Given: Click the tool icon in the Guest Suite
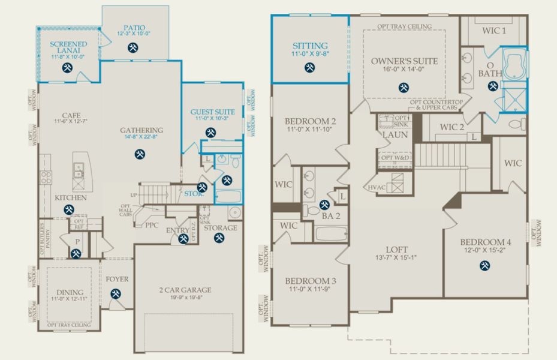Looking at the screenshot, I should tap(210, 132).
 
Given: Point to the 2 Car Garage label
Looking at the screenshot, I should tap(185, 290).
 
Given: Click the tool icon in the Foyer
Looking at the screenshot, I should tap(116, 294).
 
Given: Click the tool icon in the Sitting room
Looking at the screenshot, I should tap(309, 67).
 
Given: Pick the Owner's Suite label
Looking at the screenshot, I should tap(404, 61).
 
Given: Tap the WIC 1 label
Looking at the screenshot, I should tap(495, 30).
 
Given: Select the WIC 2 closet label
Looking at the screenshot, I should tap(452, 127).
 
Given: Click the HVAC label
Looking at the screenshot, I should tap(376, 187).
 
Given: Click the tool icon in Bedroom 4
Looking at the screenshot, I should tap(484, 265).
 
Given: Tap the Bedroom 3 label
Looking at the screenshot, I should tap(310, 281).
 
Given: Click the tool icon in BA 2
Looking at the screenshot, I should tap(324, 205).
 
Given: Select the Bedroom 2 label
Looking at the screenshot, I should tap(310, 121).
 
